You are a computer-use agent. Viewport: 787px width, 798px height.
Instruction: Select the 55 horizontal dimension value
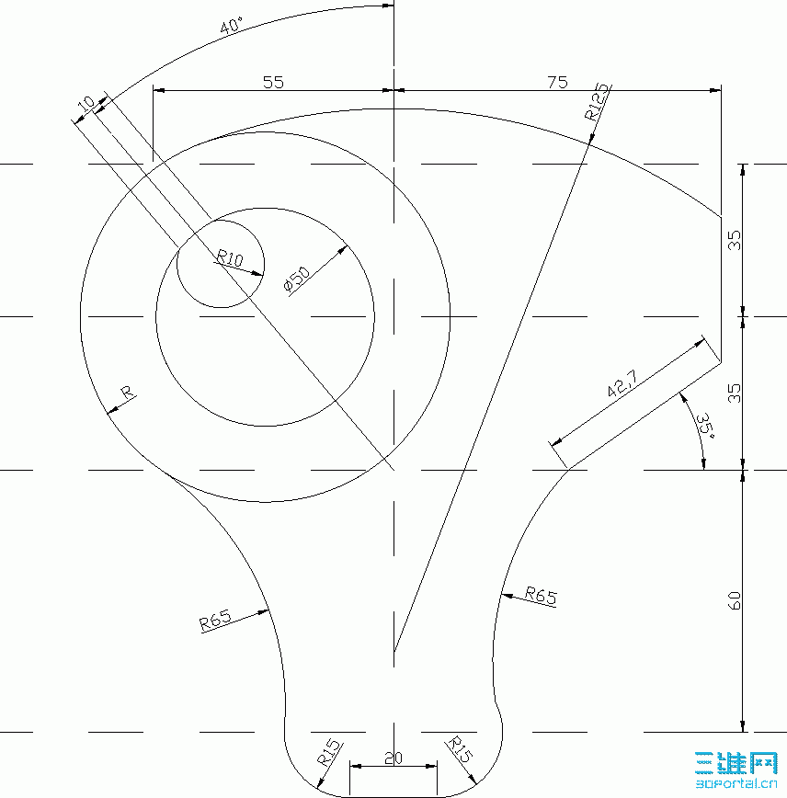[x=273, y=82]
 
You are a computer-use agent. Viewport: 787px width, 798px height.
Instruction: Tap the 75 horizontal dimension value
[x=556, y=82]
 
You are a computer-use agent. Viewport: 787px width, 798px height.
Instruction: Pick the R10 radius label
[x=229, y=260]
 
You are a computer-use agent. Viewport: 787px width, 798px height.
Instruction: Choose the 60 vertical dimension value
[x=734, y=601]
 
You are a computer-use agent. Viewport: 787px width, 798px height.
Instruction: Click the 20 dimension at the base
[x=393, y=758]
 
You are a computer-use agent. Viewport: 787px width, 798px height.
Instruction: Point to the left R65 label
[x=215, y=621]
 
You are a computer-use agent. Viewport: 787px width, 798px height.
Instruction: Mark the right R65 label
[x=541, y=596]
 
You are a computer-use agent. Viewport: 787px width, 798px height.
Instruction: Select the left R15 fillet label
[x=329, y=753]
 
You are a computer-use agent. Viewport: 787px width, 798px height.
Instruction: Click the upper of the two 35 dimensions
[x=734, y=240]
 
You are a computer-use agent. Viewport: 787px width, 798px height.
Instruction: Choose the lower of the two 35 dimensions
[x=734, y=393]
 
